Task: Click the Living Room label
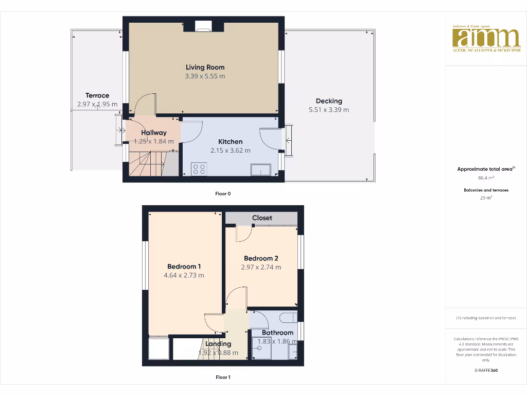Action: click(x=205, y=67)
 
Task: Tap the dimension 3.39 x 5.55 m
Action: click(x=205, y=76)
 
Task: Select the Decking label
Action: click(x=329, y=101)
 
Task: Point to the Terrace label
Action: click(x=97, y=95)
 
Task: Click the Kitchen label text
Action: click(x=230, y=142)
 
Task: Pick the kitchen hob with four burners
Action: click(x=199, y=169)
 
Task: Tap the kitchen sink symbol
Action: click(x=261, y=170)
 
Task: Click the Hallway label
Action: click(x=154, y=133)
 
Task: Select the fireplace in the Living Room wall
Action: click(x=204, y=25)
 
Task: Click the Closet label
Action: click(x=262, y=218)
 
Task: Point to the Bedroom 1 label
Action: click(x=184, y=267)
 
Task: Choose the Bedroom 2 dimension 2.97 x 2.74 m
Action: click(x=261, y=267)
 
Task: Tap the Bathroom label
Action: click(x=277, y=333)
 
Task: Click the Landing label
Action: click(x=218, y=344)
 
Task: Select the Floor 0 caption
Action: click(x=223, y=194)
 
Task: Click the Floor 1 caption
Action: click(x=223, y=377)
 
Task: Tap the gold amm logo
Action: click(x=486, y=38)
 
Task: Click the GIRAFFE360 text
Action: click(x=486, y=370)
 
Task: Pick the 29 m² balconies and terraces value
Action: click(x=486, y=197)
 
